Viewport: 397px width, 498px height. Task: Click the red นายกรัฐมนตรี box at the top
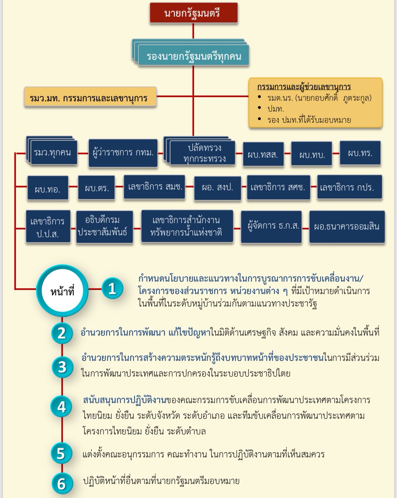point(193,14)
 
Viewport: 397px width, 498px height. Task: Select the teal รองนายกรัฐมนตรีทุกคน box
point(194,56)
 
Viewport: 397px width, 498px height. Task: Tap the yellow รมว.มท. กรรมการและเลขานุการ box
point(90,98)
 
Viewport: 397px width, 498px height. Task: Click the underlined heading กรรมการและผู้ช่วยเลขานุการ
point(304,86)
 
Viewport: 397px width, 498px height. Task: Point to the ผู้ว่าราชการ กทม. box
point(123,153)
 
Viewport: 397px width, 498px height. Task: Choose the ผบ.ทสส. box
point(263,154)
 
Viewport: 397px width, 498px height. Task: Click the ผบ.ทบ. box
point(312,154)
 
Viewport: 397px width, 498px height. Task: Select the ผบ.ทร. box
point(360,153)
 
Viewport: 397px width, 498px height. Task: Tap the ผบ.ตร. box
point(97,188)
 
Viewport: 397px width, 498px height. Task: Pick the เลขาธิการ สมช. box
point(155,187)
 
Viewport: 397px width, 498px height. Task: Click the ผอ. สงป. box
point(218,188)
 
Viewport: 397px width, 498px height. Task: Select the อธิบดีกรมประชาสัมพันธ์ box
point(104,226)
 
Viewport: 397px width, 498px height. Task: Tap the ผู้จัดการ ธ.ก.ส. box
point(272,226)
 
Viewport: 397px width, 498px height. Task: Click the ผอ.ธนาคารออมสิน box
point(347,226)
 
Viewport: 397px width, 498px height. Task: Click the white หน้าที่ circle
point(62,291)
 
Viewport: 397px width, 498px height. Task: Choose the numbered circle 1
point(112,289)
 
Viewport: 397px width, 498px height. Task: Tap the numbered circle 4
point(62,407)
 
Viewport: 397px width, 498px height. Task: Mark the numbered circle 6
point(62,483)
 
